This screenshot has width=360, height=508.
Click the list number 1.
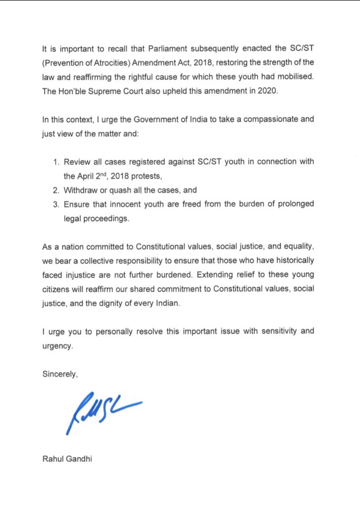(x=55, y=162)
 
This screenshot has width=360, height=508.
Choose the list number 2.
(x=55, y=190)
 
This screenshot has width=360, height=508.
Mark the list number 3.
(x=55, y=204)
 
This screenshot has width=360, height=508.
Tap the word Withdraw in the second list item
(x=79, y=190)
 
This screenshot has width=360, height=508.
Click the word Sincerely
(x=60, y=375)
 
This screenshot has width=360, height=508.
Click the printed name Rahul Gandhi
(x=67, y=459)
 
